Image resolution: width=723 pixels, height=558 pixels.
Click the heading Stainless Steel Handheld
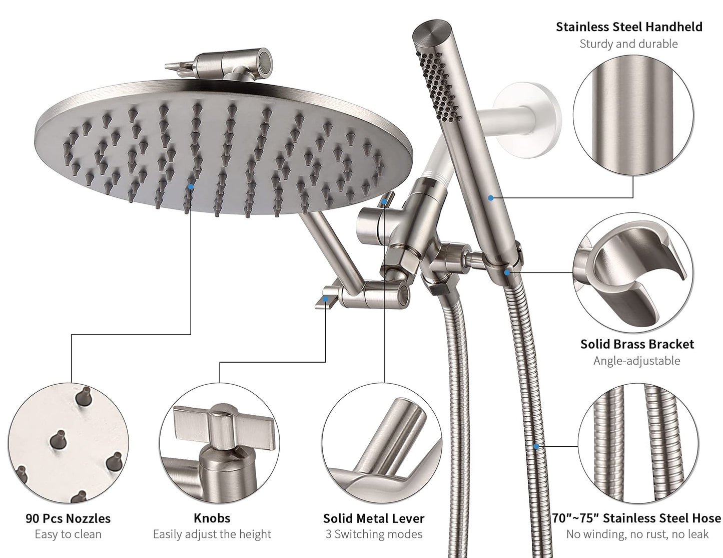(x=629, y=27)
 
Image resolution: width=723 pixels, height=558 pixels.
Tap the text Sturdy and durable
(x=628, y=44)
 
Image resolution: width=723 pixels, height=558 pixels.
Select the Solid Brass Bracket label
(x=637, y=344)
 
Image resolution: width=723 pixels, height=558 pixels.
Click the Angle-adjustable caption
(x=636, y=361)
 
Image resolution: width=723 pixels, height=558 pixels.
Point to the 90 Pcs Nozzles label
(x=68, y=518)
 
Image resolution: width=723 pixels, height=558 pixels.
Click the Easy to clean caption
(x=68, y=534)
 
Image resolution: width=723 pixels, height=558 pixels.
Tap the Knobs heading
(x=212, y=518)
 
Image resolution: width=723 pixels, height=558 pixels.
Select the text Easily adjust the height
(x=212, y=534)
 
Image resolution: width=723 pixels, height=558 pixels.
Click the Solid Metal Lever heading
(x=373, y=518)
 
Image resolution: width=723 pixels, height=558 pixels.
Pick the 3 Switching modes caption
(x=374, y=534)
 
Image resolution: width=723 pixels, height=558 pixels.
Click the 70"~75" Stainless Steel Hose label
(x=637, y=518)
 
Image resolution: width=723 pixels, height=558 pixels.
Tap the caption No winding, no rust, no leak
(x=637, y=534)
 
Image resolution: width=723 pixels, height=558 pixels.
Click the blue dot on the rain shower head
(x=191, y=186)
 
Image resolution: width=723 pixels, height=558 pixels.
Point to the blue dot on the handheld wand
(x=491, y=198)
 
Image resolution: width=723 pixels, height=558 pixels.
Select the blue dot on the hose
(x=536, y=446)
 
